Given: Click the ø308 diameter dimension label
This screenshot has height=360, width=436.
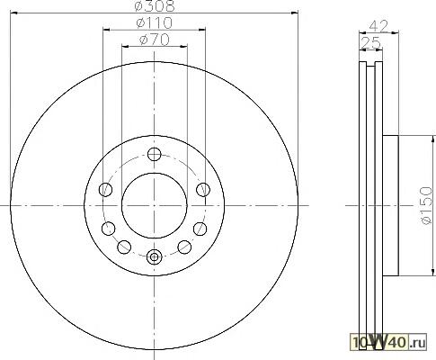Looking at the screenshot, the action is coord(155,6).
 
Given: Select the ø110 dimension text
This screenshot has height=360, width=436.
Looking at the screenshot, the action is coord(155,23).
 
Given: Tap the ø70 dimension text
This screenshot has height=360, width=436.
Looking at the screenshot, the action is coord(155,40).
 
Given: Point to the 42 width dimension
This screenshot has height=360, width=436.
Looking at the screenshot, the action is coord(378,26).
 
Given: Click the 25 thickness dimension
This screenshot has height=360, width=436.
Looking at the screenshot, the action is coord(370,42).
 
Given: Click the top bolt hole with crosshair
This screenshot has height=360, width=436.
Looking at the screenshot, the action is coord(155,155).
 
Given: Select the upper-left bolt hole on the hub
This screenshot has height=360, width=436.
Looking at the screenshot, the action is coord(105,190).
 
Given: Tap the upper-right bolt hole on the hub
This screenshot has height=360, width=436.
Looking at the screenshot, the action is coord(203,190).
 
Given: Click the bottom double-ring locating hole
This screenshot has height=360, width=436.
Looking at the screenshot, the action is coord(155,257).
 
